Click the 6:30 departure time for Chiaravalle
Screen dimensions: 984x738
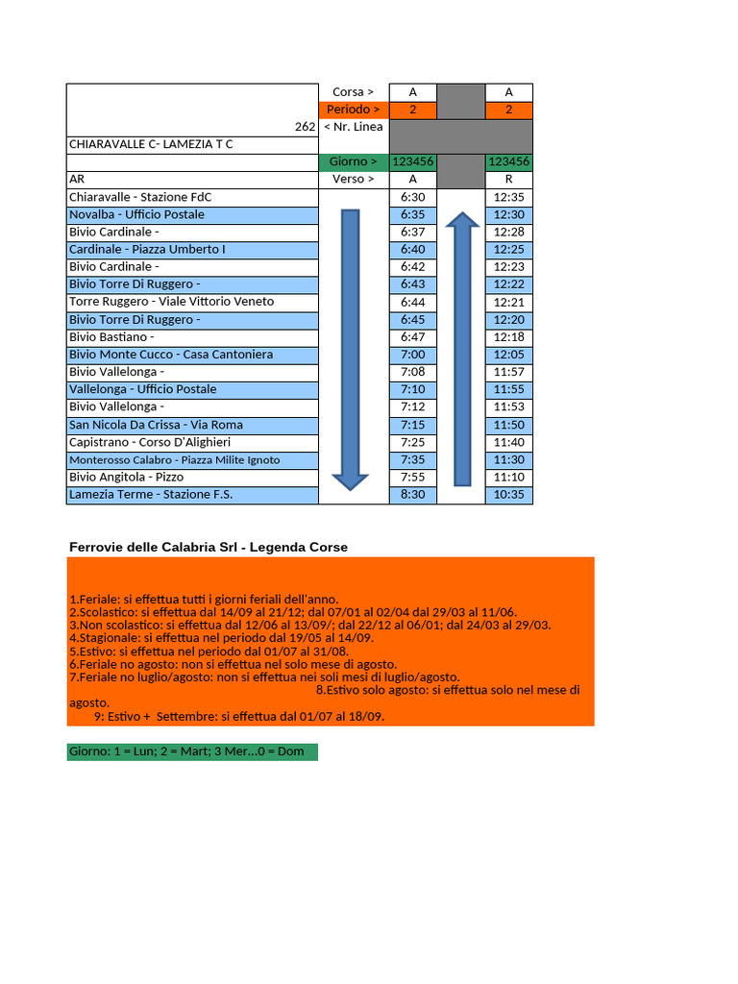coord(412,197)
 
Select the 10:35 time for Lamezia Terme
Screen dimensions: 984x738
coord(508,495)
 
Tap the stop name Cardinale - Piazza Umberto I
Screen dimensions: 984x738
coord(147,250)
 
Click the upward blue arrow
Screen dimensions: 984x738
coord(462,350)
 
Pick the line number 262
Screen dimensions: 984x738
coord(306,127)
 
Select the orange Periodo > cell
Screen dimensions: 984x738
coord(353,110)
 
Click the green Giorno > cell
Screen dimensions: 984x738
coord(353,162)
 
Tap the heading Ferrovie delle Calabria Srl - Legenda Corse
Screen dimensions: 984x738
coord(209,547)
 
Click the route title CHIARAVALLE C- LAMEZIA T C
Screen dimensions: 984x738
coord(151,144)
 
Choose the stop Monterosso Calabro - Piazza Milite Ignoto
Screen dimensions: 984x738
coord(174,460)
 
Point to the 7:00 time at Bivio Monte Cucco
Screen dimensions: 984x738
coord(412,355)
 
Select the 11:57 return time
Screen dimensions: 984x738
coord(508,372)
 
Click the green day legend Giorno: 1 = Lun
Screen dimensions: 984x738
coord(192,751)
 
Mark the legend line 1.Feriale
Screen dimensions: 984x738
coord(204,599)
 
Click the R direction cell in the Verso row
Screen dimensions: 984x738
coord(508,180)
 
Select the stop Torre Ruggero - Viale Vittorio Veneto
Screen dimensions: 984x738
coord(171,302)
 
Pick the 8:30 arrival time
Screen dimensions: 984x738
coord(412,495)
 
